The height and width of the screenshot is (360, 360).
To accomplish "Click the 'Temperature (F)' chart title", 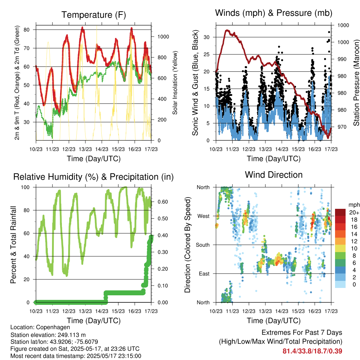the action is click(x=94, y=15).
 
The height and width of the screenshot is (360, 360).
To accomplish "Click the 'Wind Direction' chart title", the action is click(x=274, y=175).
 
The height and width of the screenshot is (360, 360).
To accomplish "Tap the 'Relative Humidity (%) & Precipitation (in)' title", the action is click(x=94, y=177).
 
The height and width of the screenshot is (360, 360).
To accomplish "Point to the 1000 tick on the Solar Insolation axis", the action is click(x=163, y=37).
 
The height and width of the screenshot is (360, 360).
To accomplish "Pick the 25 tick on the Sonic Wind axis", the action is click(x=206, y=54).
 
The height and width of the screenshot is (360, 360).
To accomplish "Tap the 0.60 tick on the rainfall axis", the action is click(x=163, y=202).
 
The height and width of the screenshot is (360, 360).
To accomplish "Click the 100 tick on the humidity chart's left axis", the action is click(x=25, y=187).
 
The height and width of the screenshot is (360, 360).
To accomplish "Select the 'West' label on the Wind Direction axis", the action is click(x=204, y=216).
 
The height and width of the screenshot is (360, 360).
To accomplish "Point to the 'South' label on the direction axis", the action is click(x=203, y=245).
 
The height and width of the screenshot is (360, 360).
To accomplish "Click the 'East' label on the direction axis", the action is click(x=204, y=274).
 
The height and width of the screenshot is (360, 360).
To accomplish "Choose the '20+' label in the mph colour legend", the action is click(x=354, y=212).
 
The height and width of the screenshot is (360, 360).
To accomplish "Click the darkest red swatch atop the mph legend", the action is click(x=340, y=212).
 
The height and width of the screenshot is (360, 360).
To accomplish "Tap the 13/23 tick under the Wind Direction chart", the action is click(x=265, y=311).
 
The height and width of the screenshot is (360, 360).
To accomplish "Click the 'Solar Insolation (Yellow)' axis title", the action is click(x=175, y=83).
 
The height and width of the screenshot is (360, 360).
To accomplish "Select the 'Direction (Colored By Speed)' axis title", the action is click(x=188, y=245).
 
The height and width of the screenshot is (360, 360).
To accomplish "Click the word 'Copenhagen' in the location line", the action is click(x=53, y=327).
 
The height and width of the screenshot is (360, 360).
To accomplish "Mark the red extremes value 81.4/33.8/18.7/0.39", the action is click(x=312, y=351).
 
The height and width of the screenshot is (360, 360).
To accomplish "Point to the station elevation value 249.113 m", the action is click(x=72, y=335).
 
